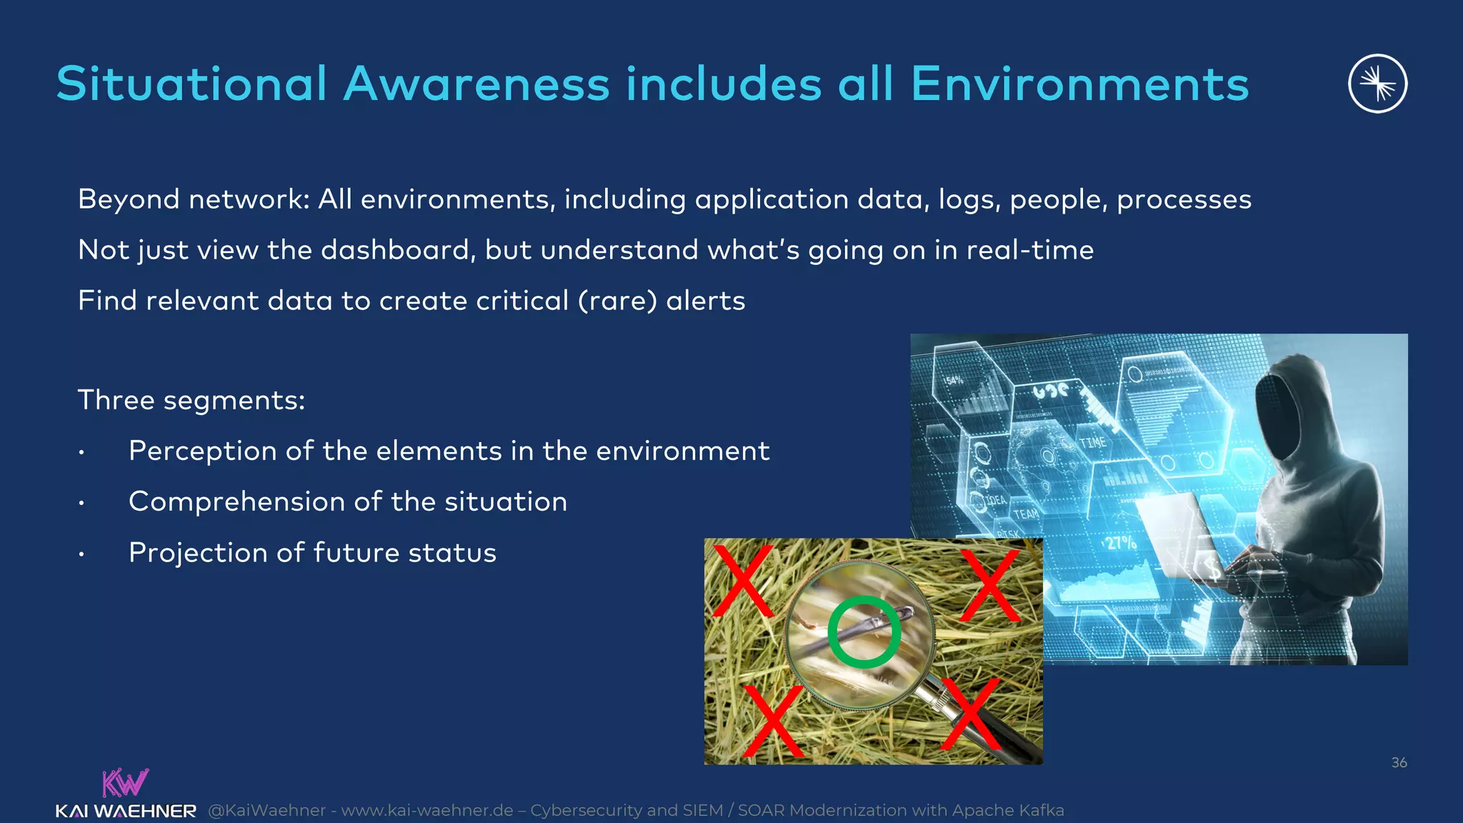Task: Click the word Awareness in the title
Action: (476, 84)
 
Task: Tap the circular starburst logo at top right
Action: (1377, 84)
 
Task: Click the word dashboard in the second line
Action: (397, 250)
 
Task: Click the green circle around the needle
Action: (864, 632)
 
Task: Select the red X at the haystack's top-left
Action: (743, 580)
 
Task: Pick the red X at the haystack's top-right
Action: (990, 584)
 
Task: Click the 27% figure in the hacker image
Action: (1120, 543)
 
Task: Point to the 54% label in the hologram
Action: (954, 381)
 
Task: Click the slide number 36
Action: (1399, 762)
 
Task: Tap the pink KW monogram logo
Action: (125, 782)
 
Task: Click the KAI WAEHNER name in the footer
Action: (126, 811)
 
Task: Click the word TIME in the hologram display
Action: (1092, 443)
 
